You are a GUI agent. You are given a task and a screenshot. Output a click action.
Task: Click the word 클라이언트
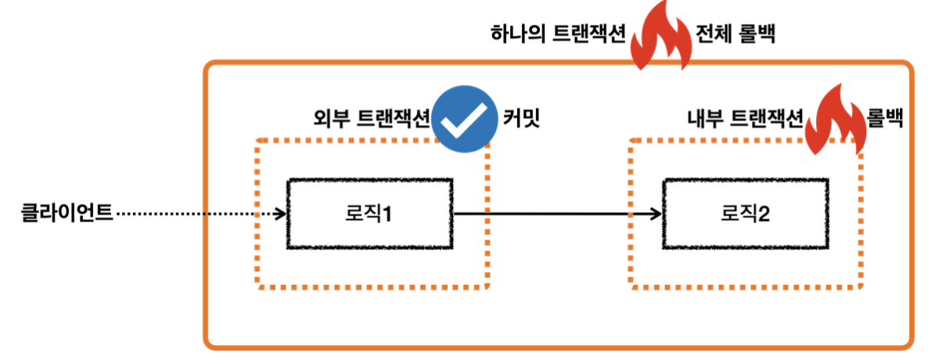[x=67, y=212]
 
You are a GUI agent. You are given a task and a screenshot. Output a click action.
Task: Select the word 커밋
[x=522, y=119]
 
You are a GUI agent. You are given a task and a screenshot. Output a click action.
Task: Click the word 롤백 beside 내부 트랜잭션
[x=886, y=119]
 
